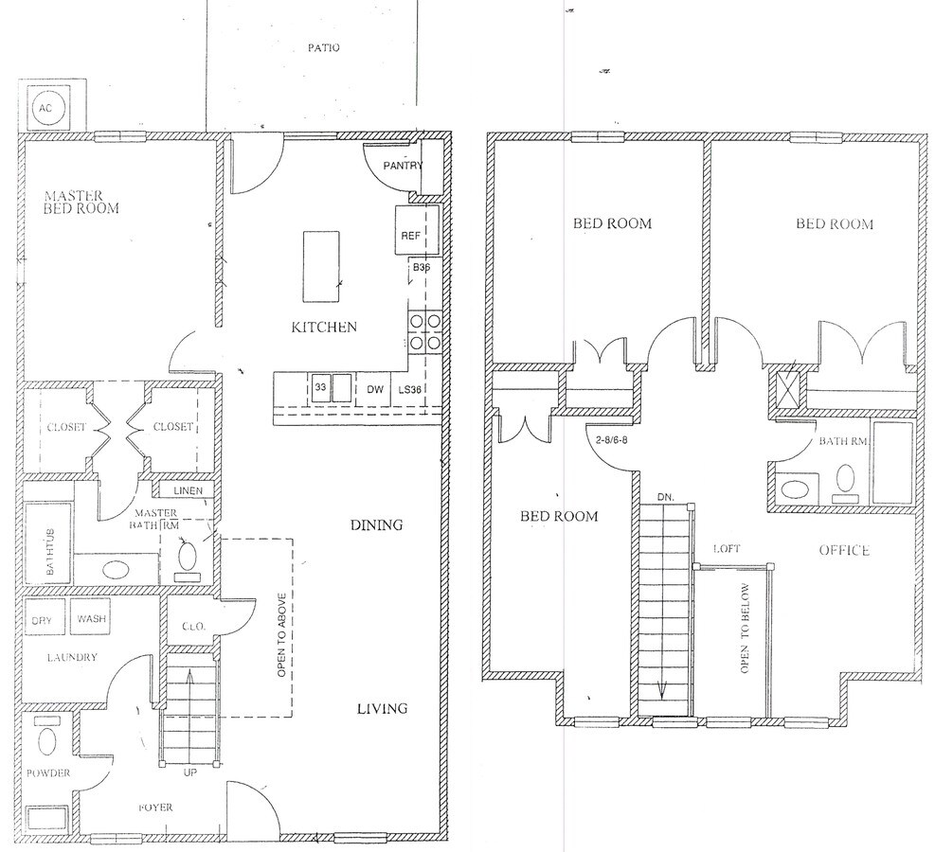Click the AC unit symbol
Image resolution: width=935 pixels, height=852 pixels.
(x=45, y=109)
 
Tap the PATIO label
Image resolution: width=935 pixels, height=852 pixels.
(x=323, y=47)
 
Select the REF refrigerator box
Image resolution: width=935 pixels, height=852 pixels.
(x=410, y=236)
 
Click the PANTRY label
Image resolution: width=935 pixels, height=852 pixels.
(x=402, y=166)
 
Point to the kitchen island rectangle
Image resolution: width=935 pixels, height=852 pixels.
(x=321, y=257)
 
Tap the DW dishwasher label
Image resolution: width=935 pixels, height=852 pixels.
(x=374, y=388)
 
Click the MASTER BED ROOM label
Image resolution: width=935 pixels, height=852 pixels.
(x=81, y=203)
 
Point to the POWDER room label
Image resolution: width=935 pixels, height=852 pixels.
(x=48, y=772)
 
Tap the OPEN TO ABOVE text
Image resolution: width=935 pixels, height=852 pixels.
(x=282, y=636)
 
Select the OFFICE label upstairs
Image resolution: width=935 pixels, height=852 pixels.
(x=844, y=550)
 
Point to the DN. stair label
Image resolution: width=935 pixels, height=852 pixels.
(x=666, y=496)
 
